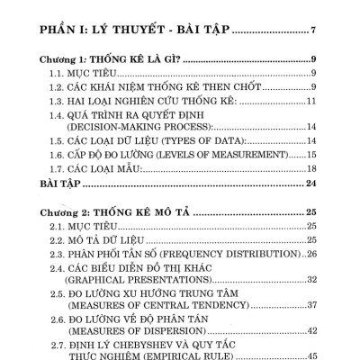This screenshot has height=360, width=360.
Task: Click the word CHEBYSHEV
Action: point(153,345)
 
